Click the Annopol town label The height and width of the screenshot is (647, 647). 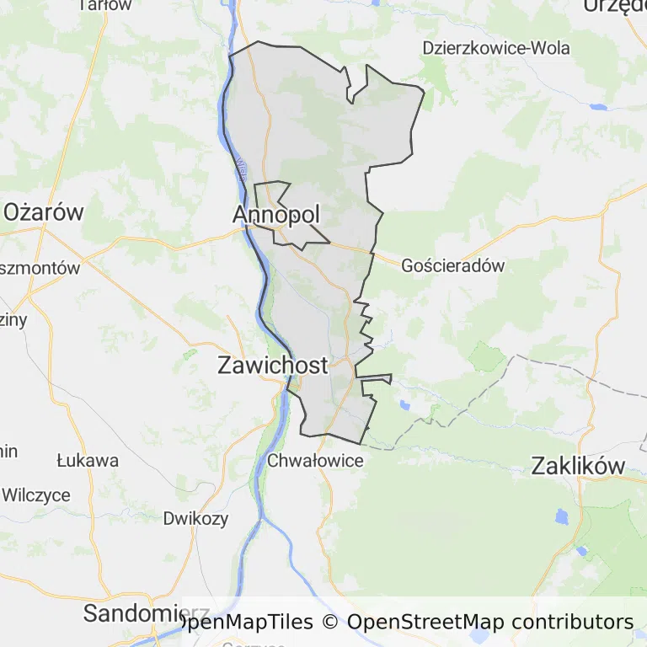276,216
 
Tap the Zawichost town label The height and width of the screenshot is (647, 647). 272,365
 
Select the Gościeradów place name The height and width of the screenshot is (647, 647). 452,265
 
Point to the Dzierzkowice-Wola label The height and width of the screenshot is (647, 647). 496,47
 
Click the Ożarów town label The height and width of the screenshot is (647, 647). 44,211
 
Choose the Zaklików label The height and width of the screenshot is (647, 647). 578,466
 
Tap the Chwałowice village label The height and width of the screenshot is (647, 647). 315,461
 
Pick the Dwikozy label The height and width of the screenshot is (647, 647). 195,518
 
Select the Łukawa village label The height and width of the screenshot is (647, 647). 88,461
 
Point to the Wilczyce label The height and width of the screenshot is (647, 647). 35,495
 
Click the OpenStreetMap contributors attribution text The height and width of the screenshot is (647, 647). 489,623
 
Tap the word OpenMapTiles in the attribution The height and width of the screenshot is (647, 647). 246,623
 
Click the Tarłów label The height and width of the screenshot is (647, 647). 104,5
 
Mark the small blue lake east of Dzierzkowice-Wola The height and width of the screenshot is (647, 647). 599,108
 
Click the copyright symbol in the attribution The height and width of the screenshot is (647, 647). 329,623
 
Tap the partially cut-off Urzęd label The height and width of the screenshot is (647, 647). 614,6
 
